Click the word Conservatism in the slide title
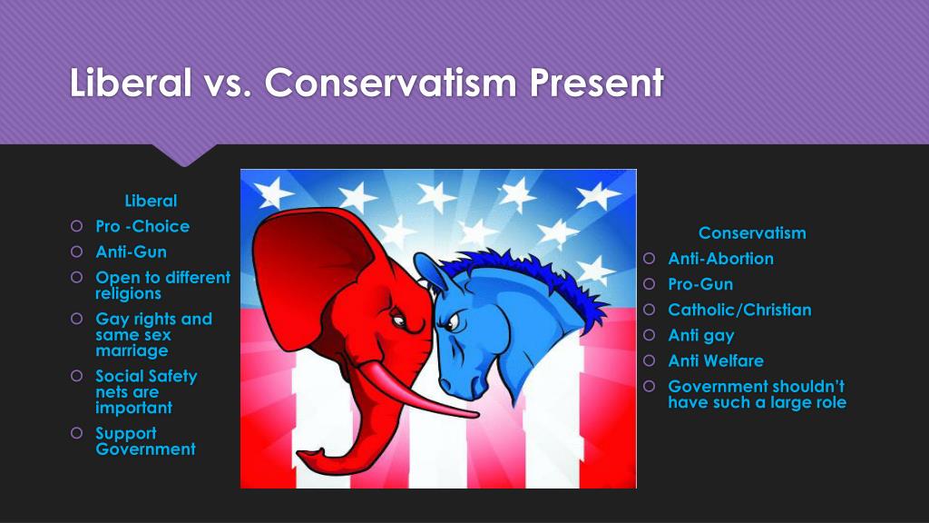pos(390,82)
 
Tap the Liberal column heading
pos(152,201)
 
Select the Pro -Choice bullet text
pos(142,226)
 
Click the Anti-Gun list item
pos(131,252)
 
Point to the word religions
pos(128,293)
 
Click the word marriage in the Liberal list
pos(132,351)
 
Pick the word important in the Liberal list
pos(134,408)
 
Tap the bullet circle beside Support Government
pos(76,433)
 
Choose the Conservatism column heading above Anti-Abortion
pos(752,233)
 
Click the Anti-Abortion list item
pos(720,259)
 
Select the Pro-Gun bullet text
pos(700,284)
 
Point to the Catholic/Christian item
pos(739,310)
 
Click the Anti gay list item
pos(701,336)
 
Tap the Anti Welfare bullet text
pos(716,360)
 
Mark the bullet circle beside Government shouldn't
pos(650,386)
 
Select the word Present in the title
pos(597,82)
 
